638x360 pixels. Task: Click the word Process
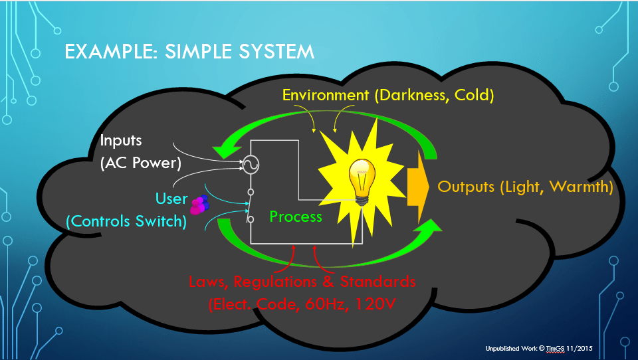click(x=296, y=217)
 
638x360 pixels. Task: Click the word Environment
click(x=326, y=95)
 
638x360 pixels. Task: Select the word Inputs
click(x=120, y=141)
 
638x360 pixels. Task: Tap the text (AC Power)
click(x=139, y=163)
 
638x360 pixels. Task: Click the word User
click(x=171, y=199)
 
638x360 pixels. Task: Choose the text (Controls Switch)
click(x=126, y=221)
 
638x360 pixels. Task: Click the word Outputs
click(x=465, y=187)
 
